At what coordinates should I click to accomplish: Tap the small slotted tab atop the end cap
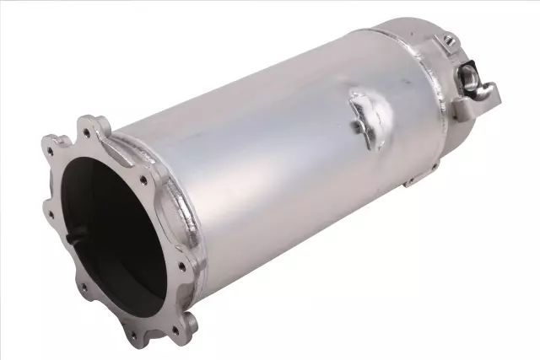(450, 39)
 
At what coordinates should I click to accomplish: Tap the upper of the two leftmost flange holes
(51, 153)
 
